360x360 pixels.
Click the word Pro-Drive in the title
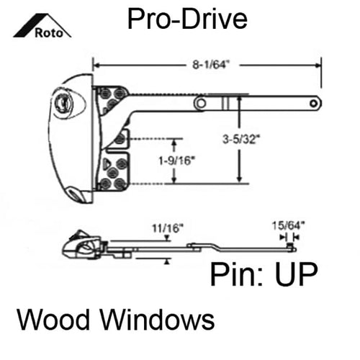pos(187,19)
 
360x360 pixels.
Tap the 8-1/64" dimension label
pos(210,65)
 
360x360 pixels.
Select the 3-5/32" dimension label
pos(242,139)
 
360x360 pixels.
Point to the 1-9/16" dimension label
pos(176,161)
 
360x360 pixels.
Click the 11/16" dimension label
pos(168,228)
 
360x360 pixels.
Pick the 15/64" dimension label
pos(289,225)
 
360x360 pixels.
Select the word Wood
pos(53,319)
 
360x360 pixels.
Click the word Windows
pos(158,319)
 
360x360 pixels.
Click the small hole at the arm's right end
pos(313,104)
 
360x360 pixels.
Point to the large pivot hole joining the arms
pos(201,104)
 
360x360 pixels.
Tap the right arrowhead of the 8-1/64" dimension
pos(318,66)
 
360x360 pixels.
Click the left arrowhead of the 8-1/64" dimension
pos(96,66)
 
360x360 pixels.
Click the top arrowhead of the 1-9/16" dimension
pos(174,143)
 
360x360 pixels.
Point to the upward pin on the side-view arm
pos(290,246)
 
